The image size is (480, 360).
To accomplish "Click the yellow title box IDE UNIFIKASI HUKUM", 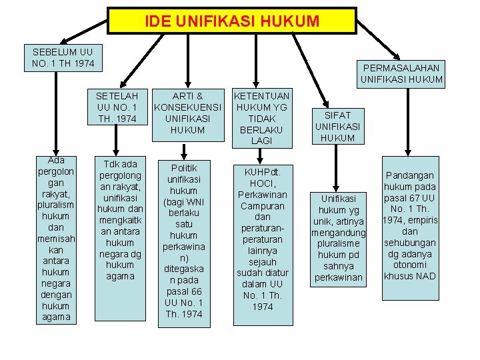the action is coord(233,21).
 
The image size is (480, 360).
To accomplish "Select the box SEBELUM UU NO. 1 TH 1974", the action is coord(63,58).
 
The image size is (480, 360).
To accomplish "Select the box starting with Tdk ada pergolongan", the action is coord(119,219).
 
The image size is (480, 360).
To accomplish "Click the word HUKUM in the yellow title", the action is coord(292,21).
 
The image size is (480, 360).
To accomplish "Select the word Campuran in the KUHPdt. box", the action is coord(263,205).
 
